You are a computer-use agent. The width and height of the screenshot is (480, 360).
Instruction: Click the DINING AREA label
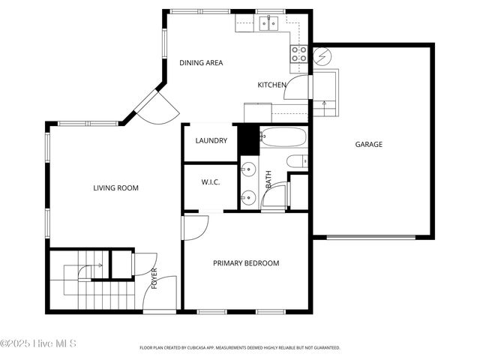pyautogui.click(x=201, y=63)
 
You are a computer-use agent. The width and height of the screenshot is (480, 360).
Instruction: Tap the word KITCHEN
pyautogui.click(x=272, y=85)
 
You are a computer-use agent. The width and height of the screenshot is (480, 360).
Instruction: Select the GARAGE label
pyautogui.click(x=368, y=145)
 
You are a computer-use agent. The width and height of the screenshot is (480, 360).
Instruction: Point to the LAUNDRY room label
pyautogui.click(x=211, y=140)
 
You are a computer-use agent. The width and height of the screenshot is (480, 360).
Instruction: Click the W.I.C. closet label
pyautogui.click(x=210, y=182)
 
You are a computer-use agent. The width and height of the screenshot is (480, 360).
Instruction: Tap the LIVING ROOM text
pyautogui.click(x=115, y=188)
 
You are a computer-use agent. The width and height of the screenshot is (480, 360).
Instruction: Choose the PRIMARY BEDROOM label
pyautogui.click(x=246, y=263)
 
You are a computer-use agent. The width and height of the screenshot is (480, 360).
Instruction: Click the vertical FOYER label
pyautogui.click(x=154, y=277)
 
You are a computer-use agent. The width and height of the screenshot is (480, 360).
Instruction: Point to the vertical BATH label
pyautogui.click(x=268, y=180)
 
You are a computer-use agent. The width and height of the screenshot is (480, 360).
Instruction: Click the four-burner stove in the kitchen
pyautogui.click(x=298, y=52)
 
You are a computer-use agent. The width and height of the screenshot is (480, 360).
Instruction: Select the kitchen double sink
pyautogui.click(x=269, y=24)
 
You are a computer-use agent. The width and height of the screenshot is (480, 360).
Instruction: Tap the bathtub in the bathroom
pyautogui.click(x=283, y=137)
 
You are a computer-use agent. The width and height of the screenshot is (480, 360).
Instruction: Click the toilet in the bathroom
pyautogui.click(x=296, y=160)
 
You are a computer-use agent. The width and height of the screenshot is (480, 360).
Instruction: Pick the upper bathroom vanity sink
pyautogui.click(x=248, y=170)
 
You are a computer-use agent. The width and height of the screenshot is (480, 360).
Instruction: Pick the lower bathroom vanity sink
pyautogui.click(x=248, y=198)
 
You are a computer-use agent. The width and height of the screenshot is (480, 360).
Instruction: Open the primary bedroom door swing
pyautogui.click(x=195, y=227)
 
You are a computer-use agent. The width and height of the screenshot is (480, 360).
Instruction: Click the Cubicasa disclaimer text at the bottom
pyautogui.click(x=240, y=348)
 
